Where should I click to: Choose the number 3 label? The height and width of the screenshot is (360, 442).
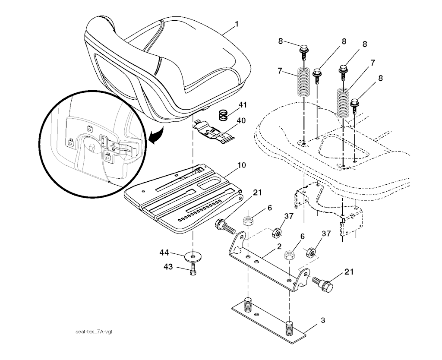[x=322, y=320]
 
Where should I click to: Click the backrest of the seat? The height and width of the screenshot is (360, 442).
[x=117, y=52]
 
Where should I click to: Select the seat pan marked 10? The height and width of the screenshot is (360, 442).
[x=181, y=199]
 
